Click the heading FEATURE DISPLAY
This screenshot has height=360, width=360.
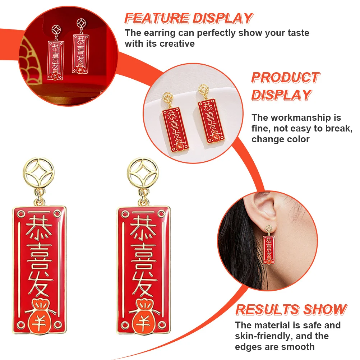point(189,18)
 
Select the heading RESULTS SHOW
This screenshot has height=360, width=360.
point(291,310)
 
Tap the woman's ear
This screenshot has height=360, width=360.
point(259,216)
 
